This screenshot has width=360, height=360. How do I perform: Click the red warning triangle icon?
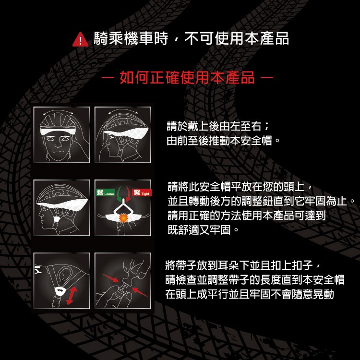[x=80, y=40]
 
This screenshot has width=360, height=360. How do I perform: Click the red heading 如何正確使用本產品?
[x=187, y=77]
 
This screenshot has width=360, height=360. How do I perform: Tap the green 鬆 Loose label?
[x=105, y=192]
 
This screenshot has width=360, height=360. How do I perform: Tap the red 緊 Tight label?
[x=142, y=192]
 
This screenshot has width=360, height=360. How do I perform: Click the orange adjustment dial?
[x=123, y=217]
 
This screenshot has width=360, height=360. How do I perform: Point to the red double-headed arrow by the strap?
[x=72, y=296]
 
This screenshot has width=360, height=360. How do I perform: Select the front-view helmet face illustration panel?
[x=61, y=135]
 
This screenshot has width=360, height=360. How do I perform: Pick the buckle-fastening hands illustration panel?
[x=123, y=281]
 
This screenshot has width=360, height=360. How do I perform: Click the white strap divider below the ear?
[x=60, y=291]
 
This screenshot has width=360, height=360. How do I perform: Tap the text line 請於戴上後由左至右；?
[x=218, y=126]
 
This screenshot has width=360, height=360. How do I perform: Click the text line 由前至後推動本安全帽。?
[x=223, y=141]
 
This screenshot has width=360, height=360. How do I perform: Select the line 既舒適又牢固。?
[x=204, y=229]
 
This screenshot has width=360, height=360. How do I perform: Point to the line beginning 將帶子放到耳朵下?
[x=242, y=265]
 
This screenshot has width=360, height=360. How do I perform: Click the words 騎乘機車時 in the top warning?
[x=131, y=38]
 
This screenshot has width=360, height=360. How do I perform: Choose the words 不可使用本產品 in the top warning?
[x=237, y=38]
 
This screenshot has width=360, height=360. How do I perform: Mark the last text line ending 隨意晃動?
[x=250, y=294]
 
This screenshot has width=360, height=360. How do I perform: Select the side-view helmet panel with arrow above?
[x=123, y=135]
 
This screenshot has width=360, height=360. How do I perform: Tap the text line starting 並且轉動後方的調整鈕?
[x=261, y=201]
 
